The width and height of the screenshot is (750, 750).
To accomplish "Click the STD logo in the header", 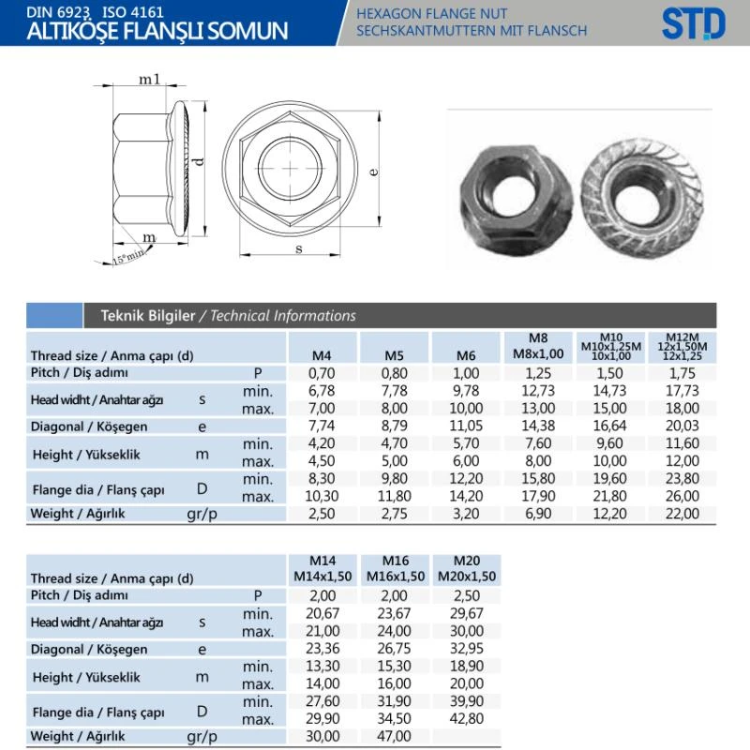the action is tap(694, 23).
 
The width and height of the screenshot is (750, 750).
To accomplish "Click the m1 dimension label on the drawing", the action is tap(149, 79).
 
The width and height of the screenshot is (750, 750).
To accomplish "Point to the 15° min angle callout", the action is tap(127, 257).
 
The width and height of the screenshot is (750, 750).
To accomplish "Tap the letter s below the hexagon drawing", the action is tap(299, 248).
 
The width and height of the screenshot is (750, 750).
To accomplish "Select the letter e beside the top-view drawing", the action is tap(374, 171).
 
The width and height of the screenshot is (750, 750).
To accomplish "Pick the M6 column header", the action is tap(466, 355).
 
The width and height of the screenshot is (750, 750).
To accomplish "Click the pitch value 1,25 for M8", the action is tap(538, 373).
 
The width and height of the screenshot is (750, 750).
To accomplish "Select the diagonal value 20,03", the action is tap(682, 426).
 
